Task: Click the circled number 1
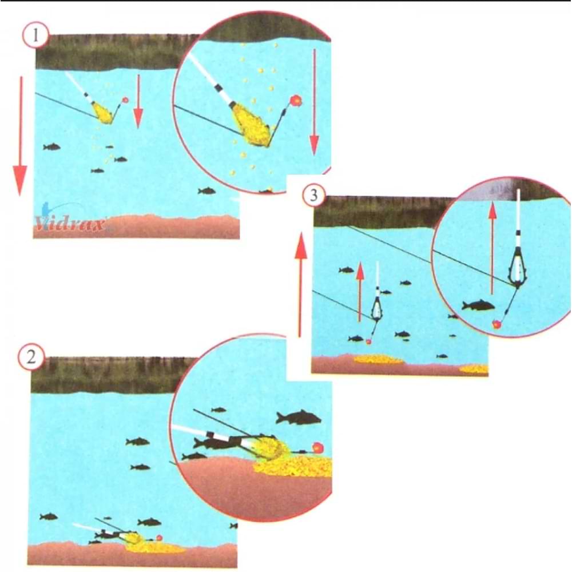click(35, 35)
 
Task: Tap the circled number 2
click(31, 357)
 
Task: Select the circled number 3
click(313, 195)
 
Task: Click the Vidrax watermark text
click(69, 224)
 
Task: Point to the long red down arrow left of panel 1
click(21, 136)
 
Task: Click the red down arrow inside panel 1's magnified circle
click(314, 103)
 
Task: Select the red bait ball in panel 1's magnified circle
click(295, 100)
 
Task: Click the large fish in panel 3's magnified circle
click(478, 305)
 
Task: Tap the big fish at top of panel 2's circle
click(298, 418)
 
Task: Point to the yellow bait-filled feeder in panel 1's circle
click(252, 124)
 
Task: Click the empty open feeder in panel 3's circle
click(517, 267)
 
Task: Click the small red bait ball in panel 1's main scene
click(125, 100)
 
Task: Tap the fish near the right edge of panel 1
click(206, 190)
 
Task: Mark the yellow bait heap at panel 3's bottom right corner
click(474, 369)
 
